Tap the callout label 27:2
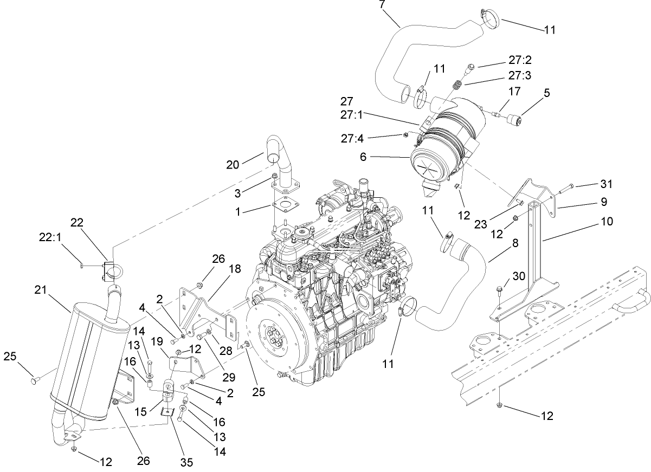click(519, 62)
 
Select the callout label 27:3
click(519, 77)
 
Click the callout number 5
click(546, 93)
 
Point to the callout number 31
click(607, 184)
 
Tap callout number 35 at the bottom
click(186, 462)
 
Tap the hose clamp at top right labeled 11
click(489, 19)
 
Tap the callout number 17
click(513, 91)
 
